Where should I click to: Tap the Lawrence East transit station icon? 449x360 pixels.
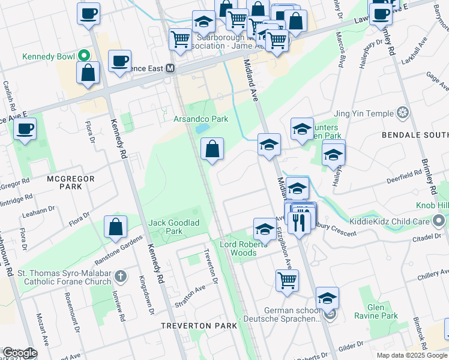(x=170, y=68)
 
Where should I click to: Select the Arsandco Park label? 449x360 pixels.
(x=201, y=119)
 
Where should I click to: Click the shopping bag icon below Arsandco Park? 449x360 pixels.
(x=212, y=149)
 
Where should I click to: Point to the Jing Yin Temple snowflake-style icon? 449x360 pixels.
(x=403, y=113)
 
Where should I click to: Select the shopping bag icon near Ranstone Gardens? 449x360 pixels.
(x=116, y=227)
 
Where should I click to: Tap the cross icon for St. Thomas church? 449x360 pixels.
(x=121, y=276)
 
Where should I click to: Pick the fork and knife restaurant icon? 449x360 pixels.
(x=298, y=223)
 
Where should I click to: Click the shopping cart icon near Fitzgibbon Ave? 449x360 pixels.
(x=288, y=280)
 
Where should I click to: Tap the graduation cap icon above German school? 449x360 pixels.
(x=327, y=298)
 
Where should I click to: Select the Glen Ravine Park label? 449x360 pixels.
(x=382, y=311)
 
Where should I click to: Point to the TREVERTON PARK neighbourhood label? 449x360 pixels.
(x=194, y=325)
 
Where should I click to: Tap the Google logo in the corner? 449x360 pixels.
(x=19, y=353)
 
